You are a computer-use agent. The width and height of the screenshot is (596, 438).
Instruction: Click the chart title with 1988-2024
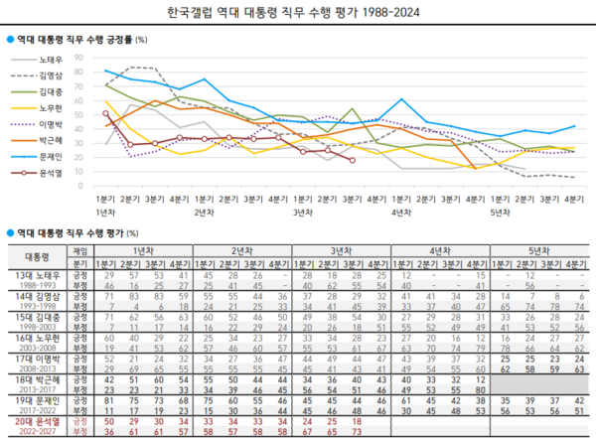[298, 13]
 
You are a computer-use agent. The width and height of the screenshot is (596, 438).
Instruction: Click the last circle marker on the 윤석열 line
[355, 160]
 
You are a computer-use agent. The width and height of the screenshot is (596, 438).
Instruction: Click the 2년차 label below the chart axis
[205, 213]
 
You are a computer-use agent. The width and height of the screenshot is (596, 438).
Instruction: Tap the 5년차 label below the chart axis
[501, 213]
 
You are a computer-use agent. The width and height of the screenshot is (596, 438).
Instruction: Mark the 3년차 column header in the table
[340, 252]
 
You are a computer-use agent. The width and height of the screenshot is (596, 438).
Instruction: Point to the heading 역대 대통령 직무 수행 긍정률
[74, 40]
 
